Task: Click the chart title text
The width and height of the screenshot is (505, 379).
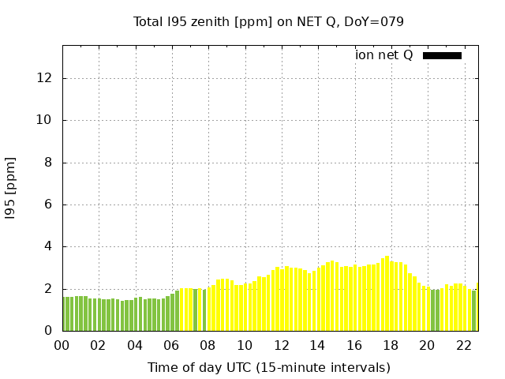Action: click(x=268, y=21)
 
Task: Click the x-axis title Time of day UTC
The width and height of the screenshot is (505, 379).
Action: click(x=268, y=367)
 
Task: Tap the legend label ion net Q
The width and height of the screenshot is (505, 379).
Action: click(x=383, y=55)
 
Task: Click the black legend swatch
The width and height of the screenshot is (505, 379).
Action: click(x=442, y=55)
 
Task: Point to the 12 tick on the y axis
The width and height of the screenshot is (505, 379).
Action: click(x=45, y=78)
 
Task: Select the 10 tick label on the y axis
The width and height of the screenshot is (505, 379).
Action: click(x=45, y=120)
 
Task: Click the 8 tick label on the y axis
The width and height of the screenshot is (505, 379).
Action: click(x=49, y=163)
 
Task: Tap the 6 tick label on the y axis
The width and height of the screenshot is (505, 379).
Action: click(x=49, y=205)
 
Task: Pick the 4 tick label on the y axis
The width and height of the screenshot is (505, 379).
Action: click(x=49, y=246)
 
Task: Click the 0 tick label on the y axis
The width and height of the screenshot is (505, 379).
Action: click(x=49, y=331)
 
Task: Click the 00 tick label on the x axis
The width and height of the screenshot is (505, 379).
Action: click(x=62, y=345)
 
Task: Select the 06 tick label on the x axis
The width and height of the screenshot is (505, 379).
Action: click(x=172, y=345)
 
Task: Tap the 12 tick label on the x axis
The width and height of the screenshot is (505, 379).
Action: click(x=282, y=345)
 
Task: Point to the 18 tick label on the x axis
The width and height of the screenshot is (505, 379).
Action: click(x=391, y=345)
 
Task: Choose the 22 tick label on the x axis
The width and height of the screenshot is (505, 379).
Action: click(x=464, y=345)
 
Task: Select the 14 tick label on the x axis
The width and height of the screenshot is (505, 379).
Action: click(x=318, y=345)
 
